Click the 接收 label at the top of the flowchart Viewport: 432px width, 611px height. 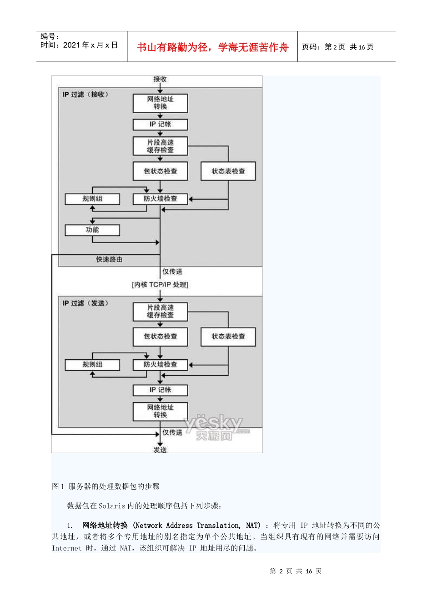point(160,79)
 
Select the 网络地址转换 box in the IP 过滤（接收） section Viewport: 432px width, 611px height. point(160,103)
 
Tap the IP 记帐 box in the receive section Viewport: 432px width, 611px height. point(160,124)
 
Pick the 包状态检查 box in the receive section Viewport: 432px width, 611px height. point(160,171)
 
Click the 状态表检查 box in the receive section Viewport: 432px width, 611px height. point(228,171)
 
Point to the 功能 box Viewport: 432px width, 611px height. point(92,230)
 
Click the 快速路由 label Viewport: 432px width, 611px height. point(109,260)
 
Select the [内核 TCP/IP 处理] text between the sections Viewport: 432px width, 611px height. point(160,285)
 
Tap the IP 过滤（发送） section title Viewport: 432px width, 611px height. point(85,303)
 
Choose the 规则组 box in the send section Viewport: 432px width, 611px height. point(92,365)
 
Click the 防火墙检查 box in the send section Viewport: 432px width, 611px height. point(160,365)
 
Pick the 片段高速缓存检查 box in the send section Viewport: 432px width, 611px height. point(160,311)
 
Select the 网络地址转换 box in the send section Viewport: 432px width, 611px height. point(160,411)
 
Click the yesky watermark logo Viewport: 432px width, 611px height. point(216,427)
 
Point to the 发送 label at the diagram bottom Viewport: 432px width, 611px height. point(160,450)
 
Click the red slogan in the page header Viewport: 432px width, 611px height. point(213,47)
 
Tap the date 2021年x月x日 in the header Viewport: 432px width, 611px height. point(79,45)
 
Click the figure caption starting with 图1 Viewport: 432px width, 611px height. point(106,486)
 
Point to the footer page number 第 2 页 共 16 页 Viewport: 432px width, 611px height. point(296,571)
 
